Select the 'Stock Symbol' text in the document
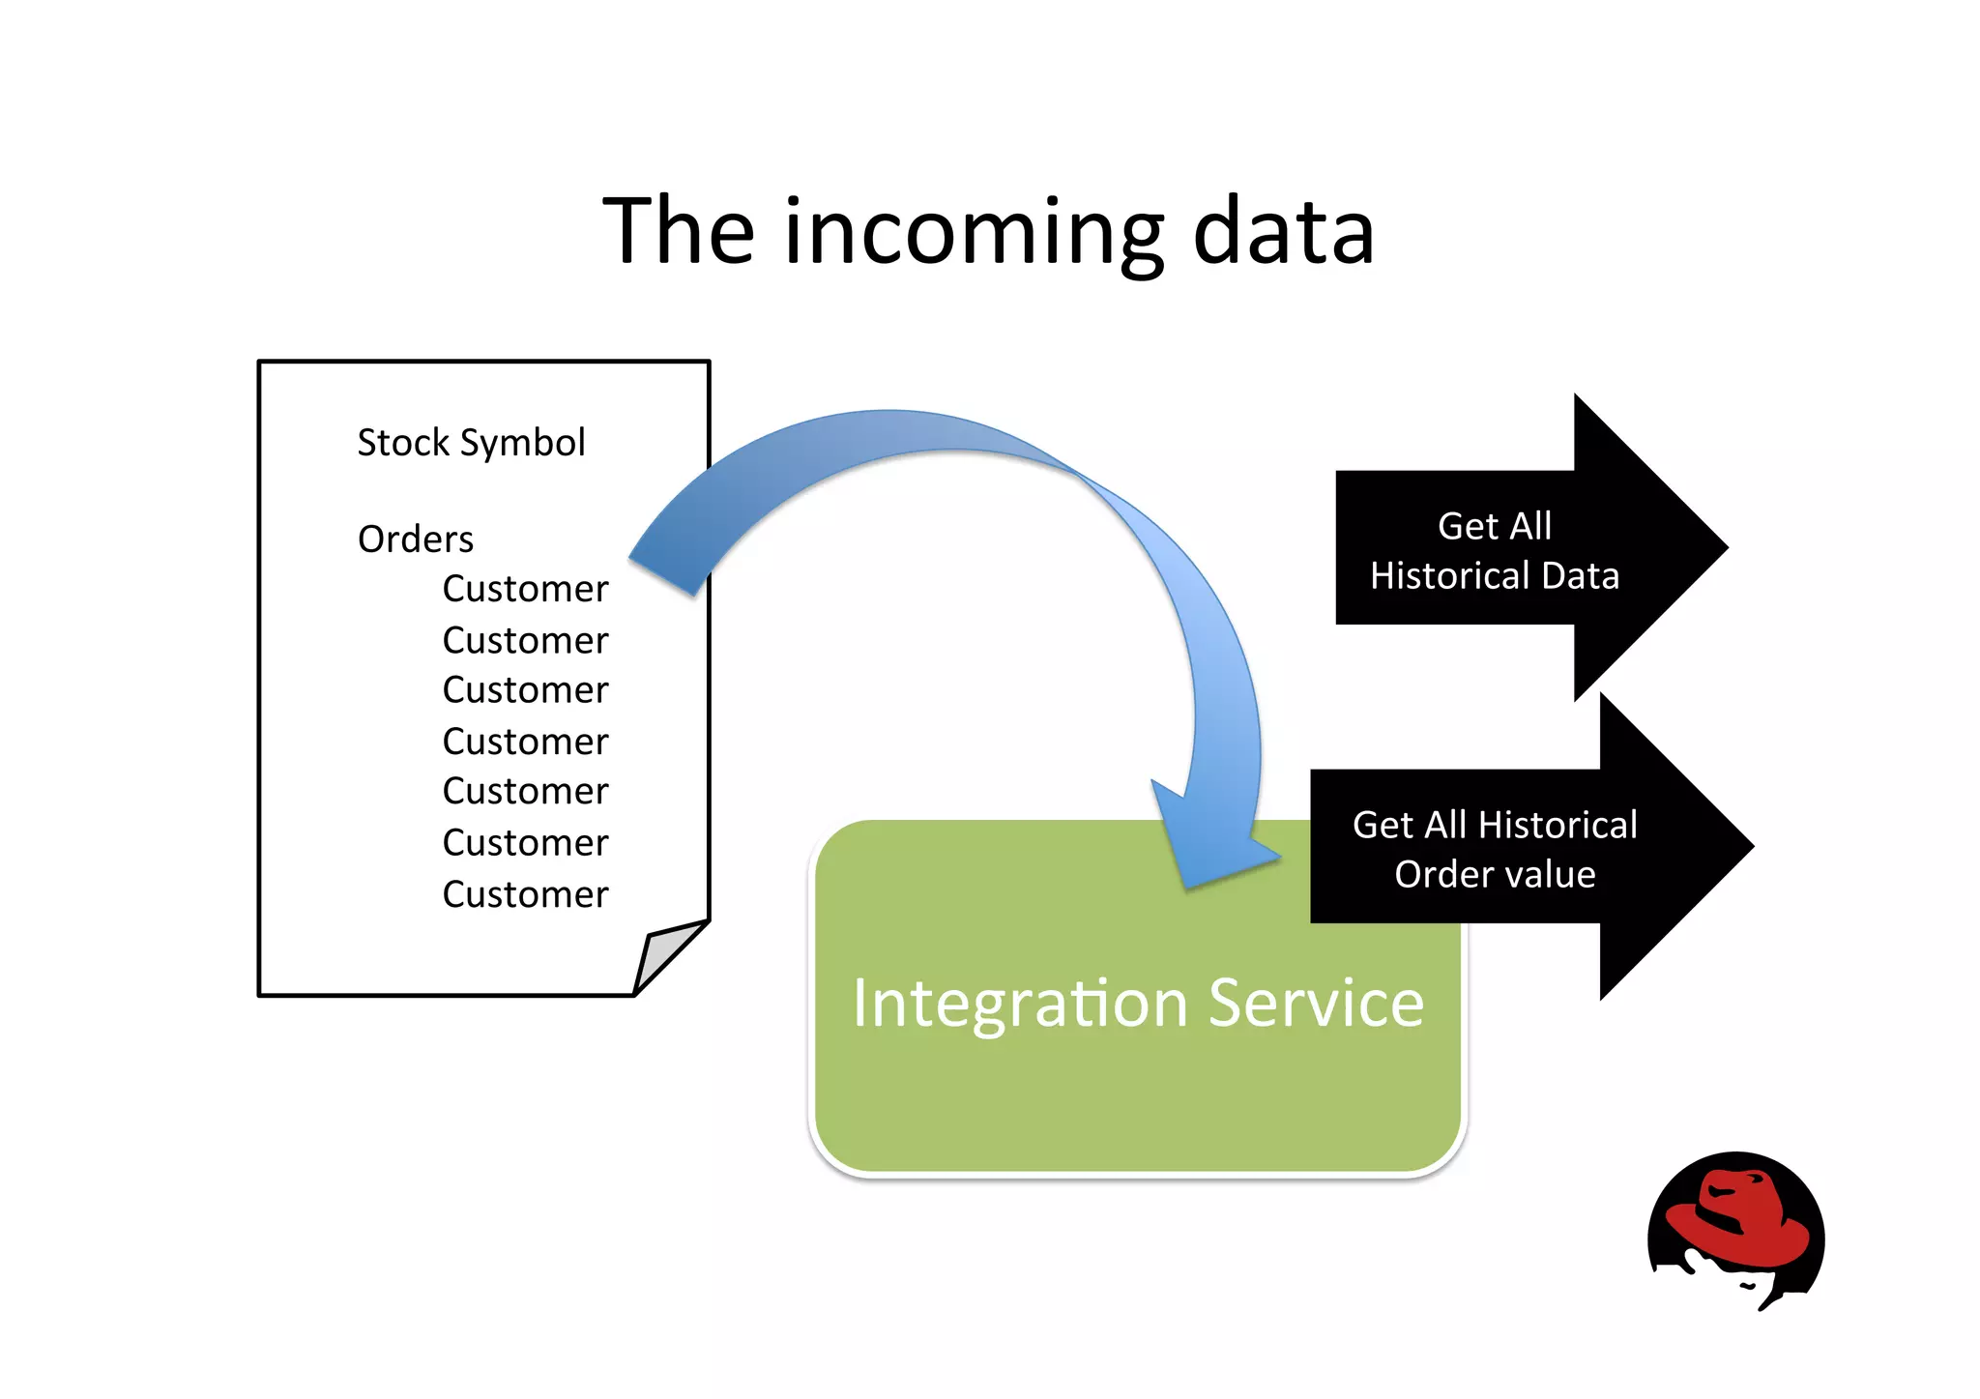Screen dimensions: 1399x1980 [471, 443]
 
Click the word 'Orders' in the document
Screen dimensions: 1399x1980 [416, 539]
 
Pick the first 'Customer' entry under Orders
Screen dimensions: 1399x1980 [525, 589]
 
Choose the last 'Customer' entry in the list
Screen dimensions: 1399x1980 [525, 894]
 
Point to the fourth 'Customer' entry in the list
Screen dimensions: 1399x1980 [525, 742]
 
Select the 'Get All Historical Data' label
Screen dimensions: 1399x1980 [1494, 551]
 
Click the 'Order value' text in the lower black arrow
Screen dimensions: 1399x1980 [1495, 874]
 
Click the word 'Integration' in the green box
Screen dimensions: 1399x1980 [1020, 1003]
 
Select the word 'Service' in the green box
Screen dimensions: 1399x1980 [1316, 1003]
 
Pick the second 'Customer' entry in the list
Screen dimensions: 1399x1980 [525, 640]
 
